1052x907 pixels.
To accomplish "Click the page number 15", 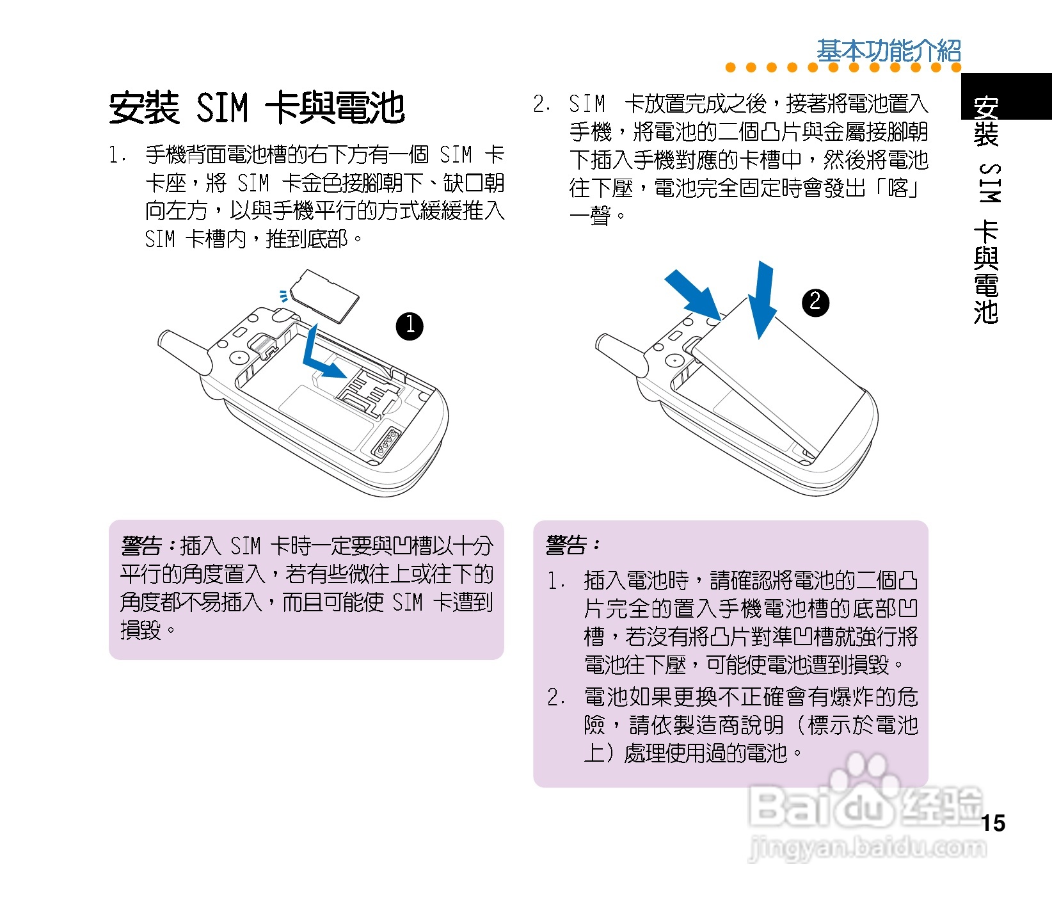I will coord(993,823).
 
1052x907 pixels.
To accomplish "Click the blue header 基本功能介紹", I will coord(888,51).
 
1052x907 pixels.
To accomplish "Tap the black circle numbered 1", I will coord(410,326).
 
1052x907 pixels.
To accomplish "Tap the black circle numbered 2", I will coord(815,301).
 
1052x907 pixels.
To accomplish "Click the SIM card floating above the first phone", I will coord(324,295).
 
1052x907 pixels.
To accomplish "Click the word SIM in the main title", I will coord(222,108).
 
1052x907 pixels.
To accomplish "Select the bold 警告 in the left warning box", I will coord(141,546).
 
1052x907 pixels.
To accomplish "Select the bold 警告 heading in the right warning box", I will coord(566,545).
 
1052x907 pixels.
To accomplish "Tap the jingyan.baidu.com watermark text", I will coord(867,848).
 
